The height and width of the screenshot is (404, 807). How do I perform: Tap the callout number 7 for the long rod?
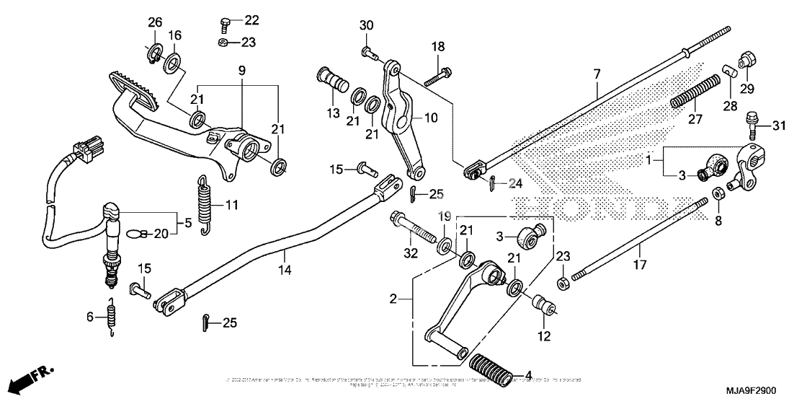[x=597, y=74]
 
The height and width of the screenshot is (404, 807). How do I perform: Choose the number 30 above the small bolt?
[x=367, y=26]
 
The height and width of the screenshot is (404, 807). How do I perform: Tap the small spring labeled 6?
[x=112, y=318]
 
